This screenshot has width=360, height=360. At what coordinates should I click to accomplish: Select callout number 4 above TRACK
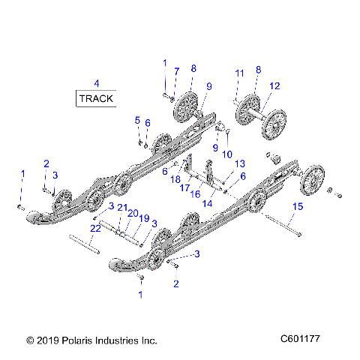pyautogui.click(x=95, y=82)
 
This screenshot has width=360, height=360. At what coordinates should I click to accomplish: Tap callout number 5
pyautogui.click(x=137, y=120)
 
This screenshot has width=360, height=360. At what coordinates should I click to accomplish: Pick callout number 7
pyautogui.click(x=176, y=71)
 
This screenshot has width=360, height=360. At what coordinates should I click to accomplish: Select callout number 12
pyautogui.click(x=274, y=87)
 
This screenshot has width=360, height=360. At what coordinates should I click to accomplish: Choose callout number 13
pyautogui.click(x=240, y=163)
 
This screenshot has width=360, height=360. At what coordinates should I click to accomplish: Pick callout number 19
pyautogui.click(x=145, y=218)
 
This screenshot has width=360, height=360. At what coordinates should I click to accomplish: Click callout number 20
pyautogui.click(x=133, y=213)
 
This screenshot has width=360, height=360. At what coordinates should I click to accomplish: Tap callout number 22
pyautogui.click(x=95, y=228)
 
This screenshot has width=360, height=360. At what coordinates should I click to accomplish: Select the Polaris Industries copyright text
pyautogui.click(x=91, y=340)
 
